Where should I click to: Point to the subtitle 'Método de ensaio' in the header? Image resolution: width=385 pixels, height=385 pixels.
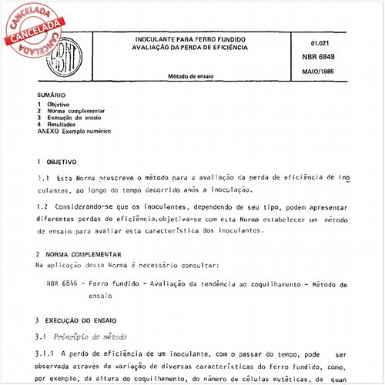point(192,76)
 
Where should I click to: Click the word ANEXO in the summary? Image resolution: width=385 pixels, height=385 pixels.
point(48,132)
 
